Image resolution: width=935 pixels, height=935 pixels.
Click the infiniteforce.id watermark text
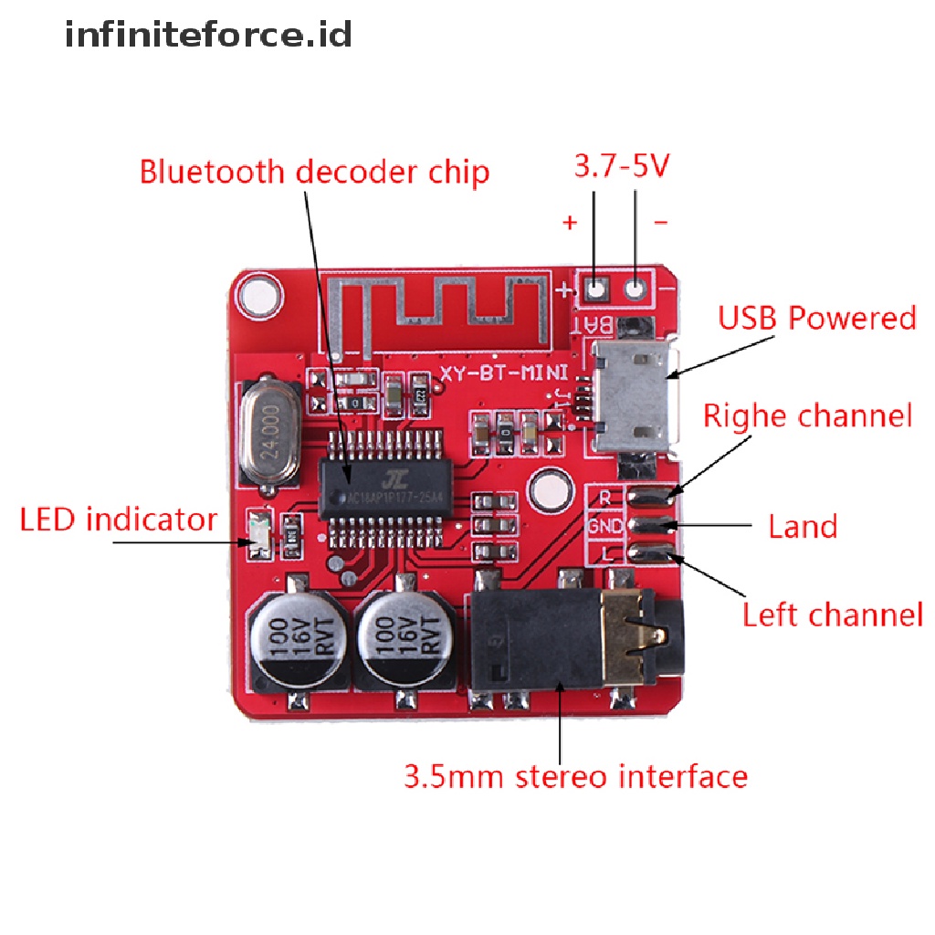[208, 36]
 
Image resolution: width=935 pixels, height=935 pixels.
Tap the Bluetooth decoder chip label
[314, 172]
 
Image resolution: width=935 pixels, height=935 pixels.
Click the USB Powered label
[816, 319]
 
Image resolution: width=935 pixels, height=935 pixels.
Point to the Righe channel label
[807, 416]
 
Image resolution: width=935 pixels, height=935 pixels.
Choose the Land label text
[803, 527]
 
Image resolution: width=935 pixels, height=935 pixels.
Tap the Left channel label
[832, 615]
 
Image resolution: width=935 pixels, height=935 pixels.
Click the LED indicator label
[119, 520]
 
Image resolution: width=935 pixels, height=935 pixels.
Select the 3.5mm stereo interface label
[575, 777]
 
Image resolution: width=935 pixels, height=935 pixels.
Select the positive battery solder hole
[596, 290]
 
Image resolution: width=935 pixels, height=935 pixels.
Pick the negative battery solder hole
[636, 290]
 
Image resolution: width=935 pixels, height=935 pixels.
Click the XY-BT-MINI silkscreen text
[504, 373]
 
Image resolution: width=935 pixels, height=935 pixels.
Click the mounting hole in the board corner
[259, 295]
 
